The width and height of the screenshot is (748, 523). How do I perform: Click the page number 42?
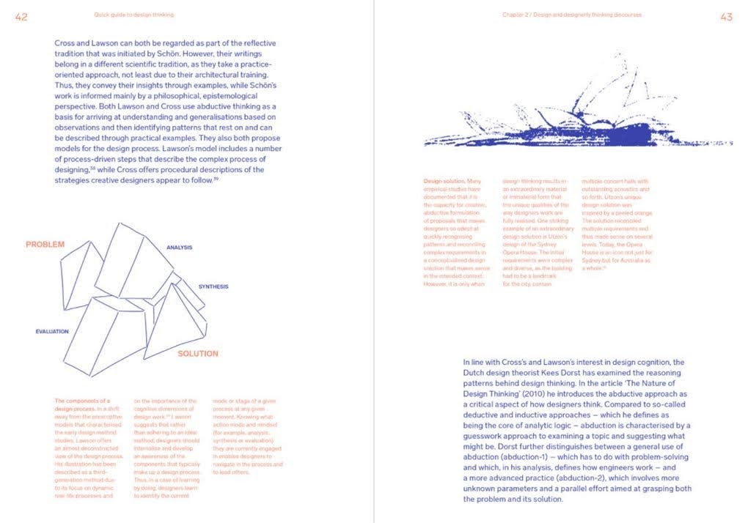[x=21, y=16]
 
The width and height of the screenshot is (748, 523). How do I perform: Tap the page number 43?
[x=726, y=16]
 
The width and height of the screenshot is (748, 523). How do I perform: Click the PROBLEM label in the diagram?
[x=45, y=244]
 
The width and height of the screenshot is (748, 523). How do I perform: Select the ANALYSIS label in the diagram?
[x=179, y=248]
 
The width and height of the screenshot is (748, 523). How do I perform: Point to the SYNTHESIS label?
[x=213, y=286]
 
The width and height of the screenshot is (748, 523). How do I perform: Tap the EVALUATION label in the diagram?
[x=52, y=331]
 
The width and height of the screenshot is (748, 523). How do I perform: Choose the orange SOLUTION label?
[x=198, y=354]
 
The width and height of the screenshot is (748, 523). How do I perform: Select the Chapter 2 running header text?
[x=572, y=15]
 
